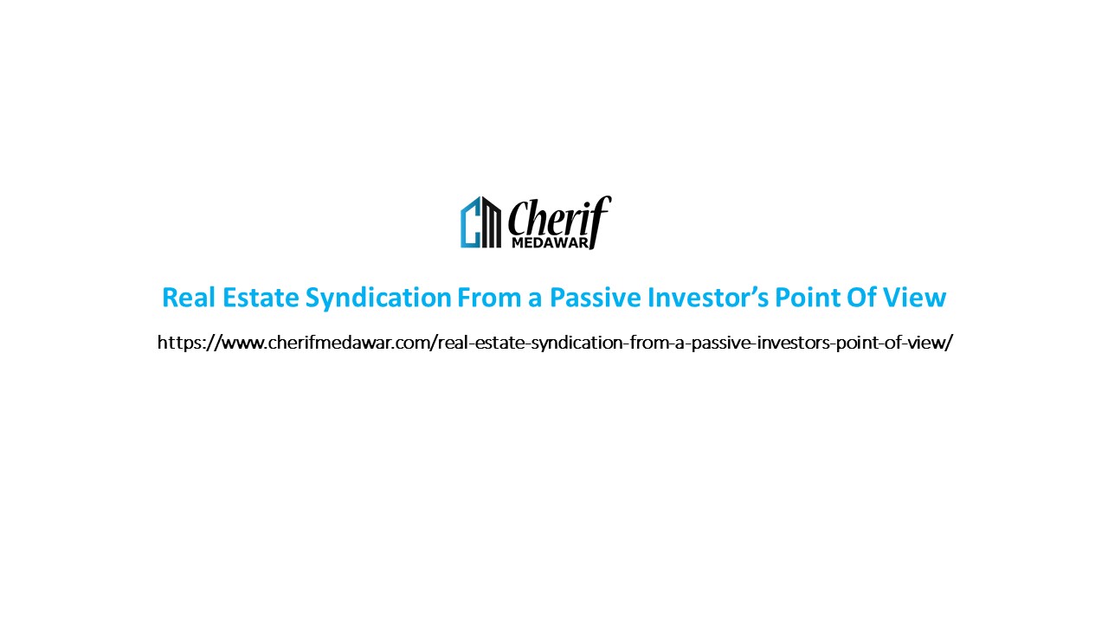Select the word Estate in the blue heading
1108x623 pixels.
[x=248, y=298]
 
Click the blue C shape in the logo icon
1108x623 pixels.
[x=469, y=223]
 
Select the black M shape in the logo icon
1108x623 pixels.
[x=491, y=223]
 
